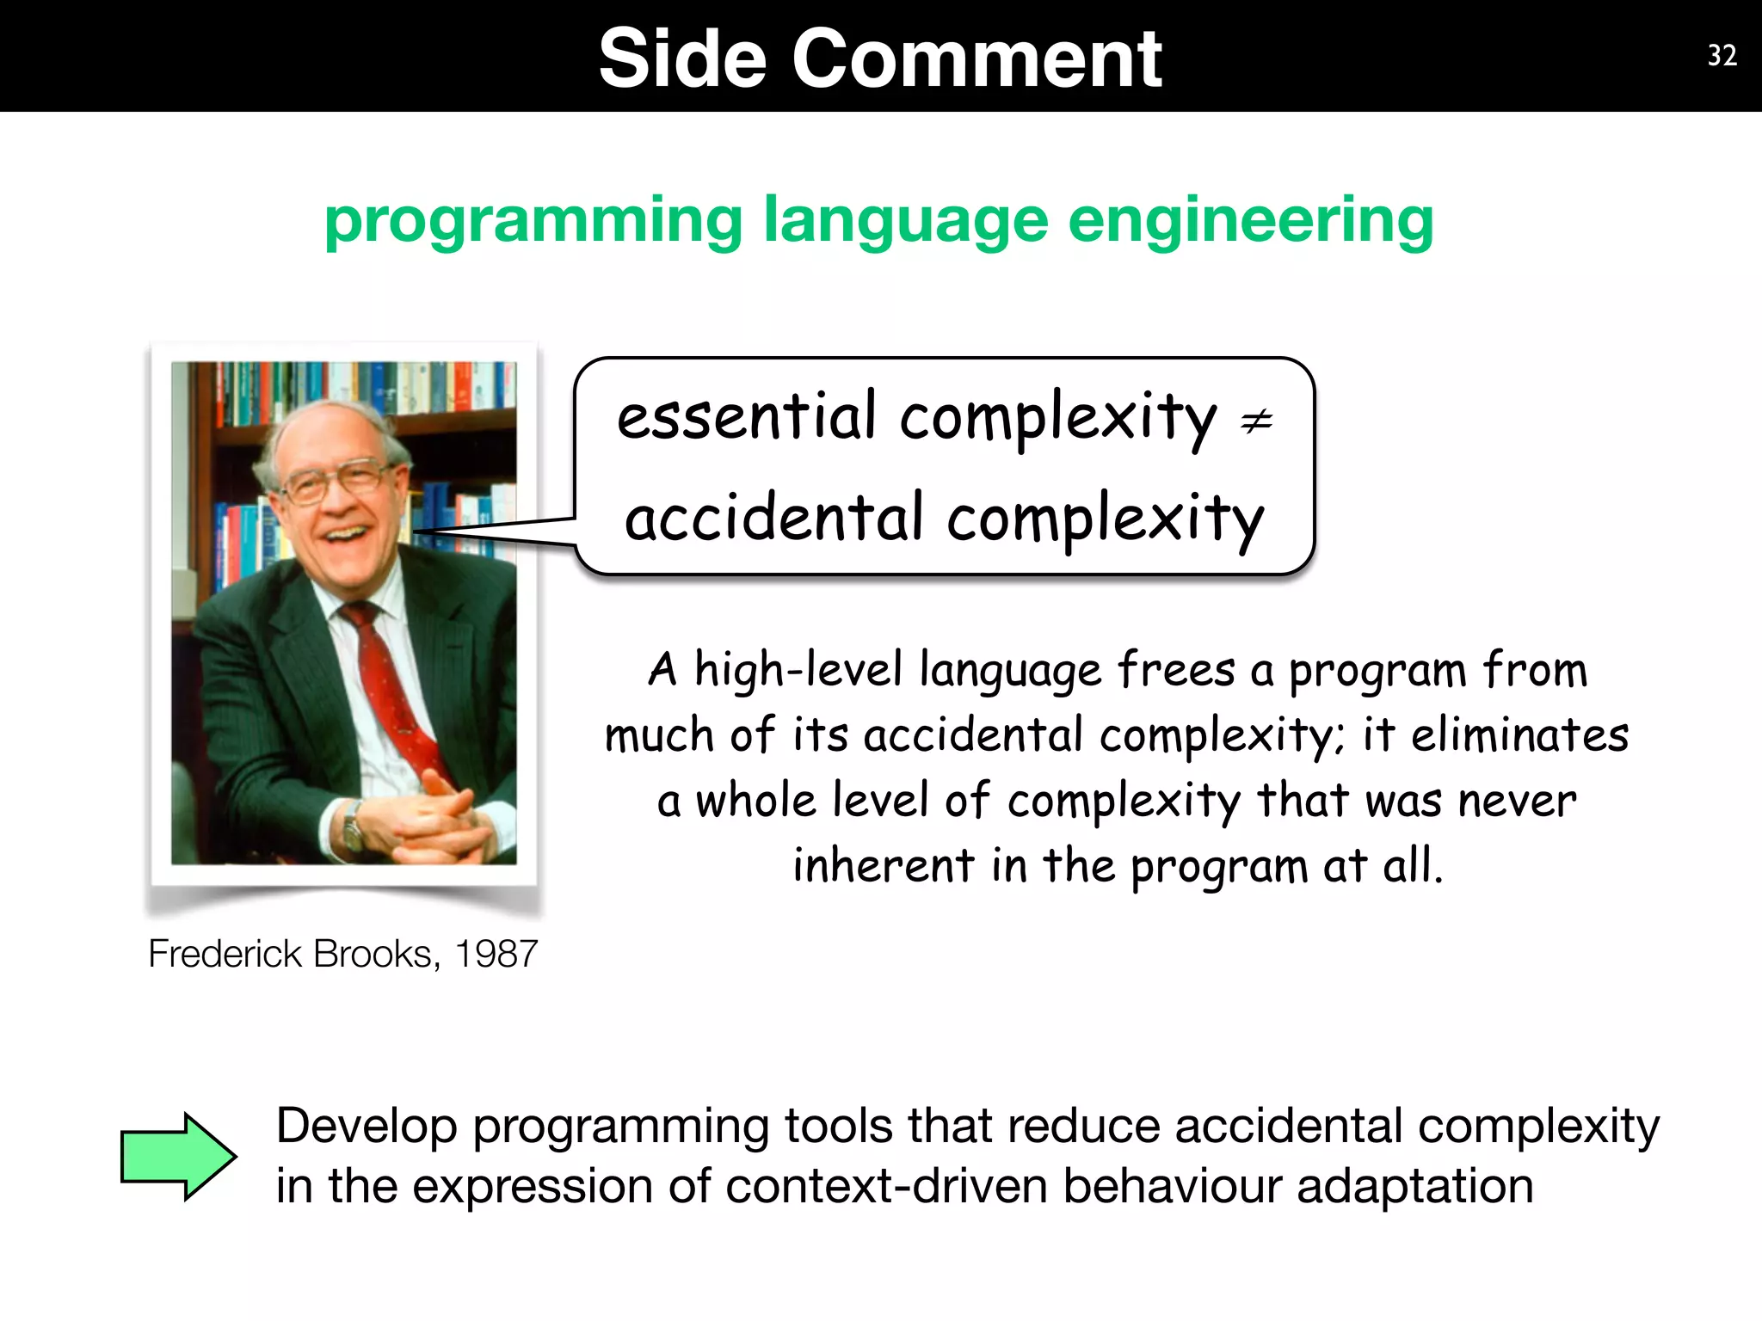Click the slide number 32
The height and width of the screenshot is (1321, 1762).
(1722, 56)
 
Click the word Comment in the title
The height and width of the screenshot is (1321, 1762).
(976, 58)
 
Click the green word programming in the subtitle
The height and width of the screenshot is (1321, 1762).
(533, 221)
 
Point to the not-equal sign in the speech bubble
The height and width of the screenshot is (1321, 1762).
(1256, 421)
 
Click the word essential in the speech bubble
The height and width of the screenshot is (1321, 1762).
(747, 417)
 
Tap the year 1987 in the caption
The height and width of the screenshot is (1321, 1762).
(496, 954)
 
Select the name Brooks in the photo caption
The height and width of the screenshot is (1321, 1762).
(377, 954)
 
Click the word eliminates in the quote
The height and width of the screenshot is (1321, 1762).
(1519, 735)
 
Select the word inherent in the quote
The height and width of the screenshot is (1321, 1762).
(884, 865)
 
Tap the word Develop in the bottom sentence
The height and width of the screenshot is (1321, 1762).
(367, 1127)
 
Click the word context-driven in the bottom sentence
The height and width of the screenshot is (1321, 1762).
(886, 1186)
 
